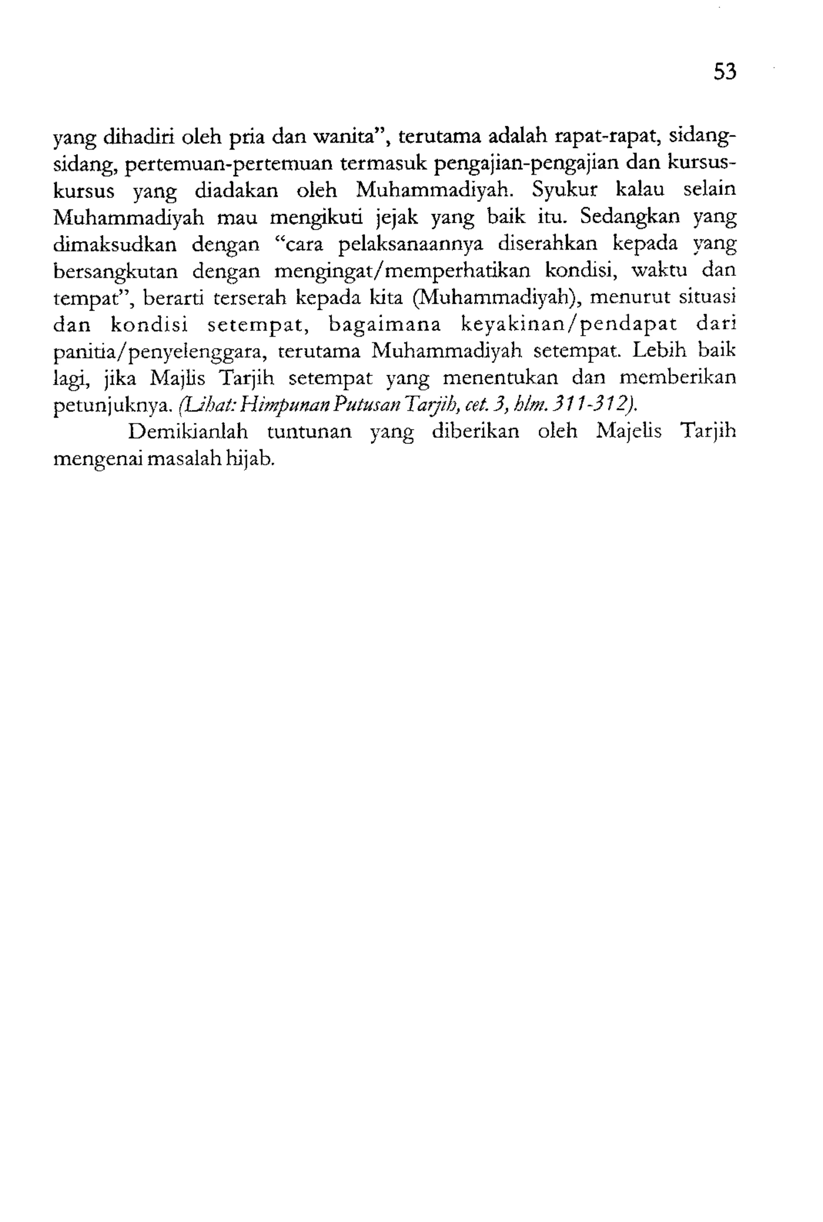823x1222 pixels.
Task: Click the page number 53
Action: pyautogui.click(x=725, y=71)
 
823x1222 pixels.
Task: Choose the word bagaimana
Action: pyautogui.click(x=385, y=326)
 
